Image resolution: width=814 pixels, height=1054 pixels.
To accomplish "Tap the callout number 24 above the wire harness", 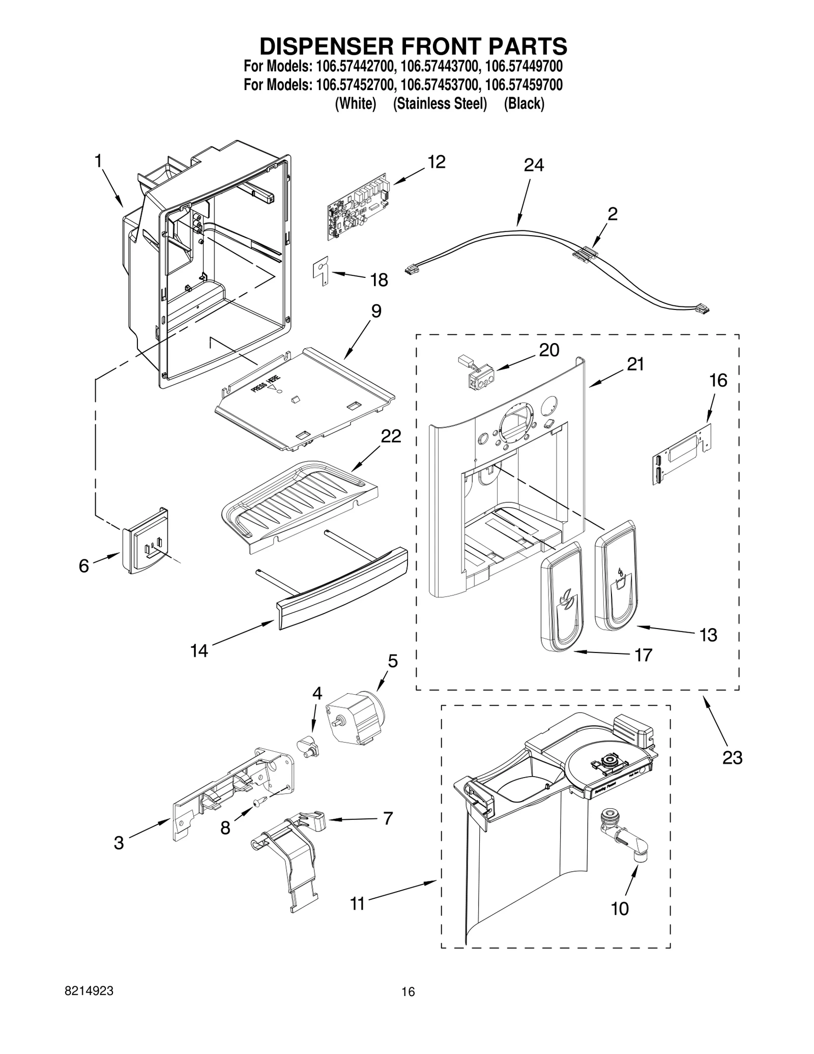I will click(534, 165).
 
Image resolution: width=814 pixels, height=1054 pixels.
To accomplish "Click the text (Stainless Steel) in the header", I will click(440, 104).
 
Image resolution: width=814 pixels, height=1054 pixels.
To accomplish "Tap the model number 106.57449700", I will click(524, 67).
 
